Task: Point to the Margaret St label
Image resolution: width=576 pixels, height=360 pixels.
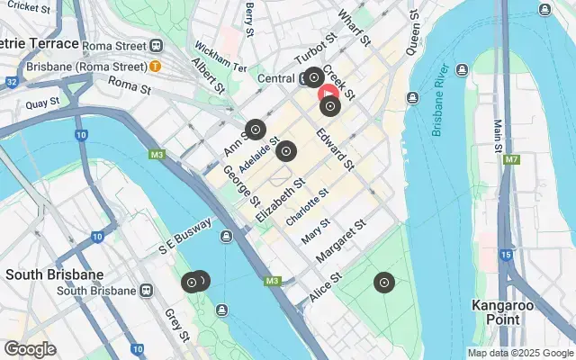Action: pos(343,240)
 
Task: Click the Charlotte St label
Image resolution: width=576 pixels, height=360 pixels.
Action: pos(307,207)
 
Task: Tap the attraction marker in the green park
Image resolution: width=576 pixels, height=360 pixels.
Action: pos(384,283)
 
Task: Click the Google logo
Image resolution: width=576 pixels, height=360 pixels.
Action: pos(30,349)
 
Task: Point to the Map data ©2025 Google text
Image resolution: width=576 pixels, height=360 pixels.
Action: pos(520,353)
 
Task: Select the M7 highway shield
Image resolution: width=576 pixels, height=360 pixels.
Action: pos(511,159)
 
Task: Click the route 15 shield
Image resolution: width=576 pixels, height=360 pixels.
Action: pos(506,256)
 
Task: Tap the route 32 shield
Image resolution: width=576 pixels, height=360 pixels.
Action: pos(11,82)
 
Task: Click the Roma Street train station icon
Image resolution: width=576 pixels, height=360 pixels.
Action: pos(157,45)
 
